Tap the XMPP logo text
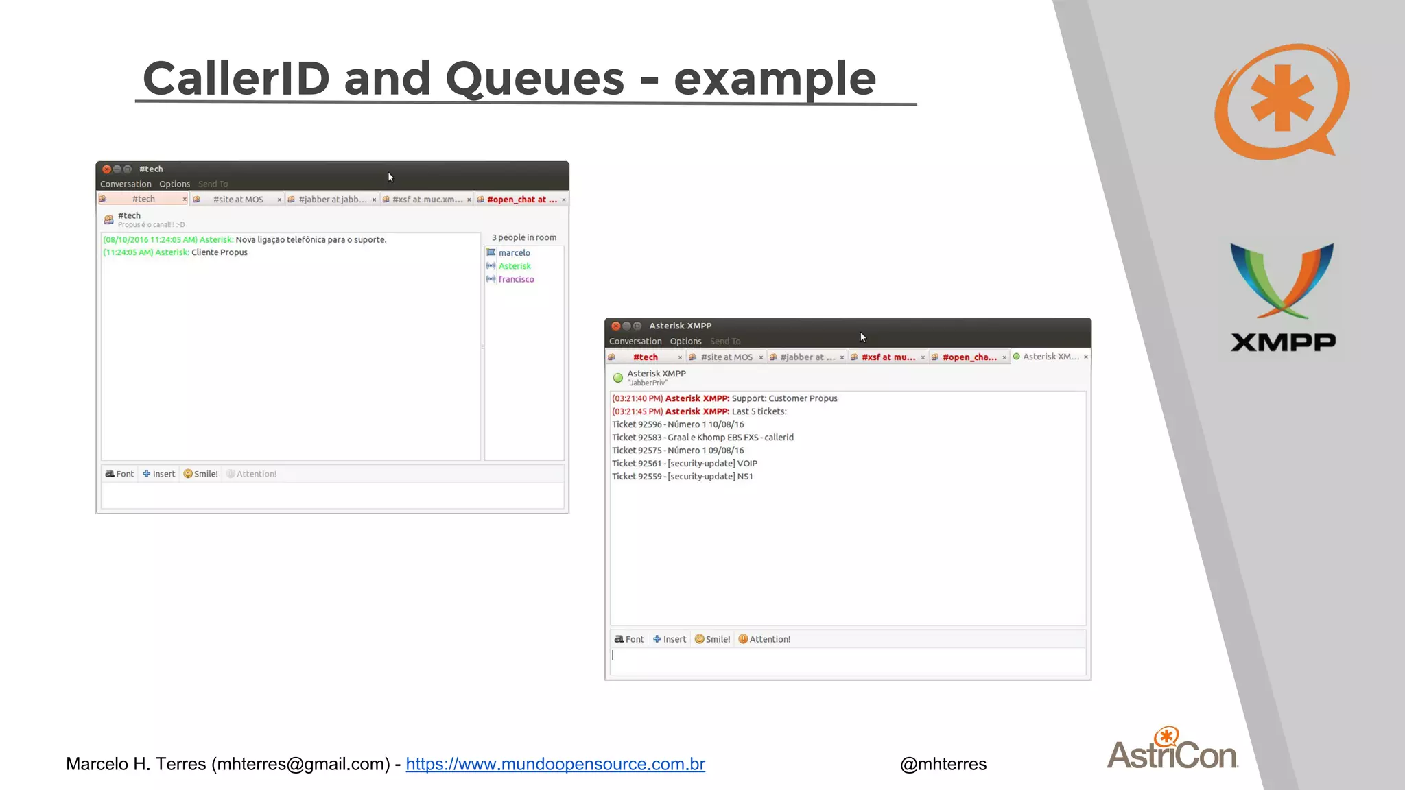[1283, 342]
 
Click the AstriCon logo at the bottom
[1172, 750]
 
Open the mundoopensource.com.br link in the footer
[555, 764]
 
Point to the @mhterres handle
[943, 764]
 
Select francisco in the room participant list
[516, 279]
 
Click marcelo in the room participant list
[514, 253]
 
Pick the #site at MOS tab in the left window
[237, 200]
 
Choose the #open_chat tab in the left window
[521, 200]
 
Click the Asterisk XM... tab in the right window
[1050, 357]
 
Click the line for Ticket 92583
[702, 438]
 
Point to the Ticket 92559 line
[682, 477]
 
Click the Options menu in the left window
[174, 184]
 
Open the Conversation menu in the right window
[635, 341]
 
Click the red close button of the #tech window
[106, 169]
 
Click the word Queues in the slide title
[534, 79]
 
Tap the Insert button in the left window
[159, 474]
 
